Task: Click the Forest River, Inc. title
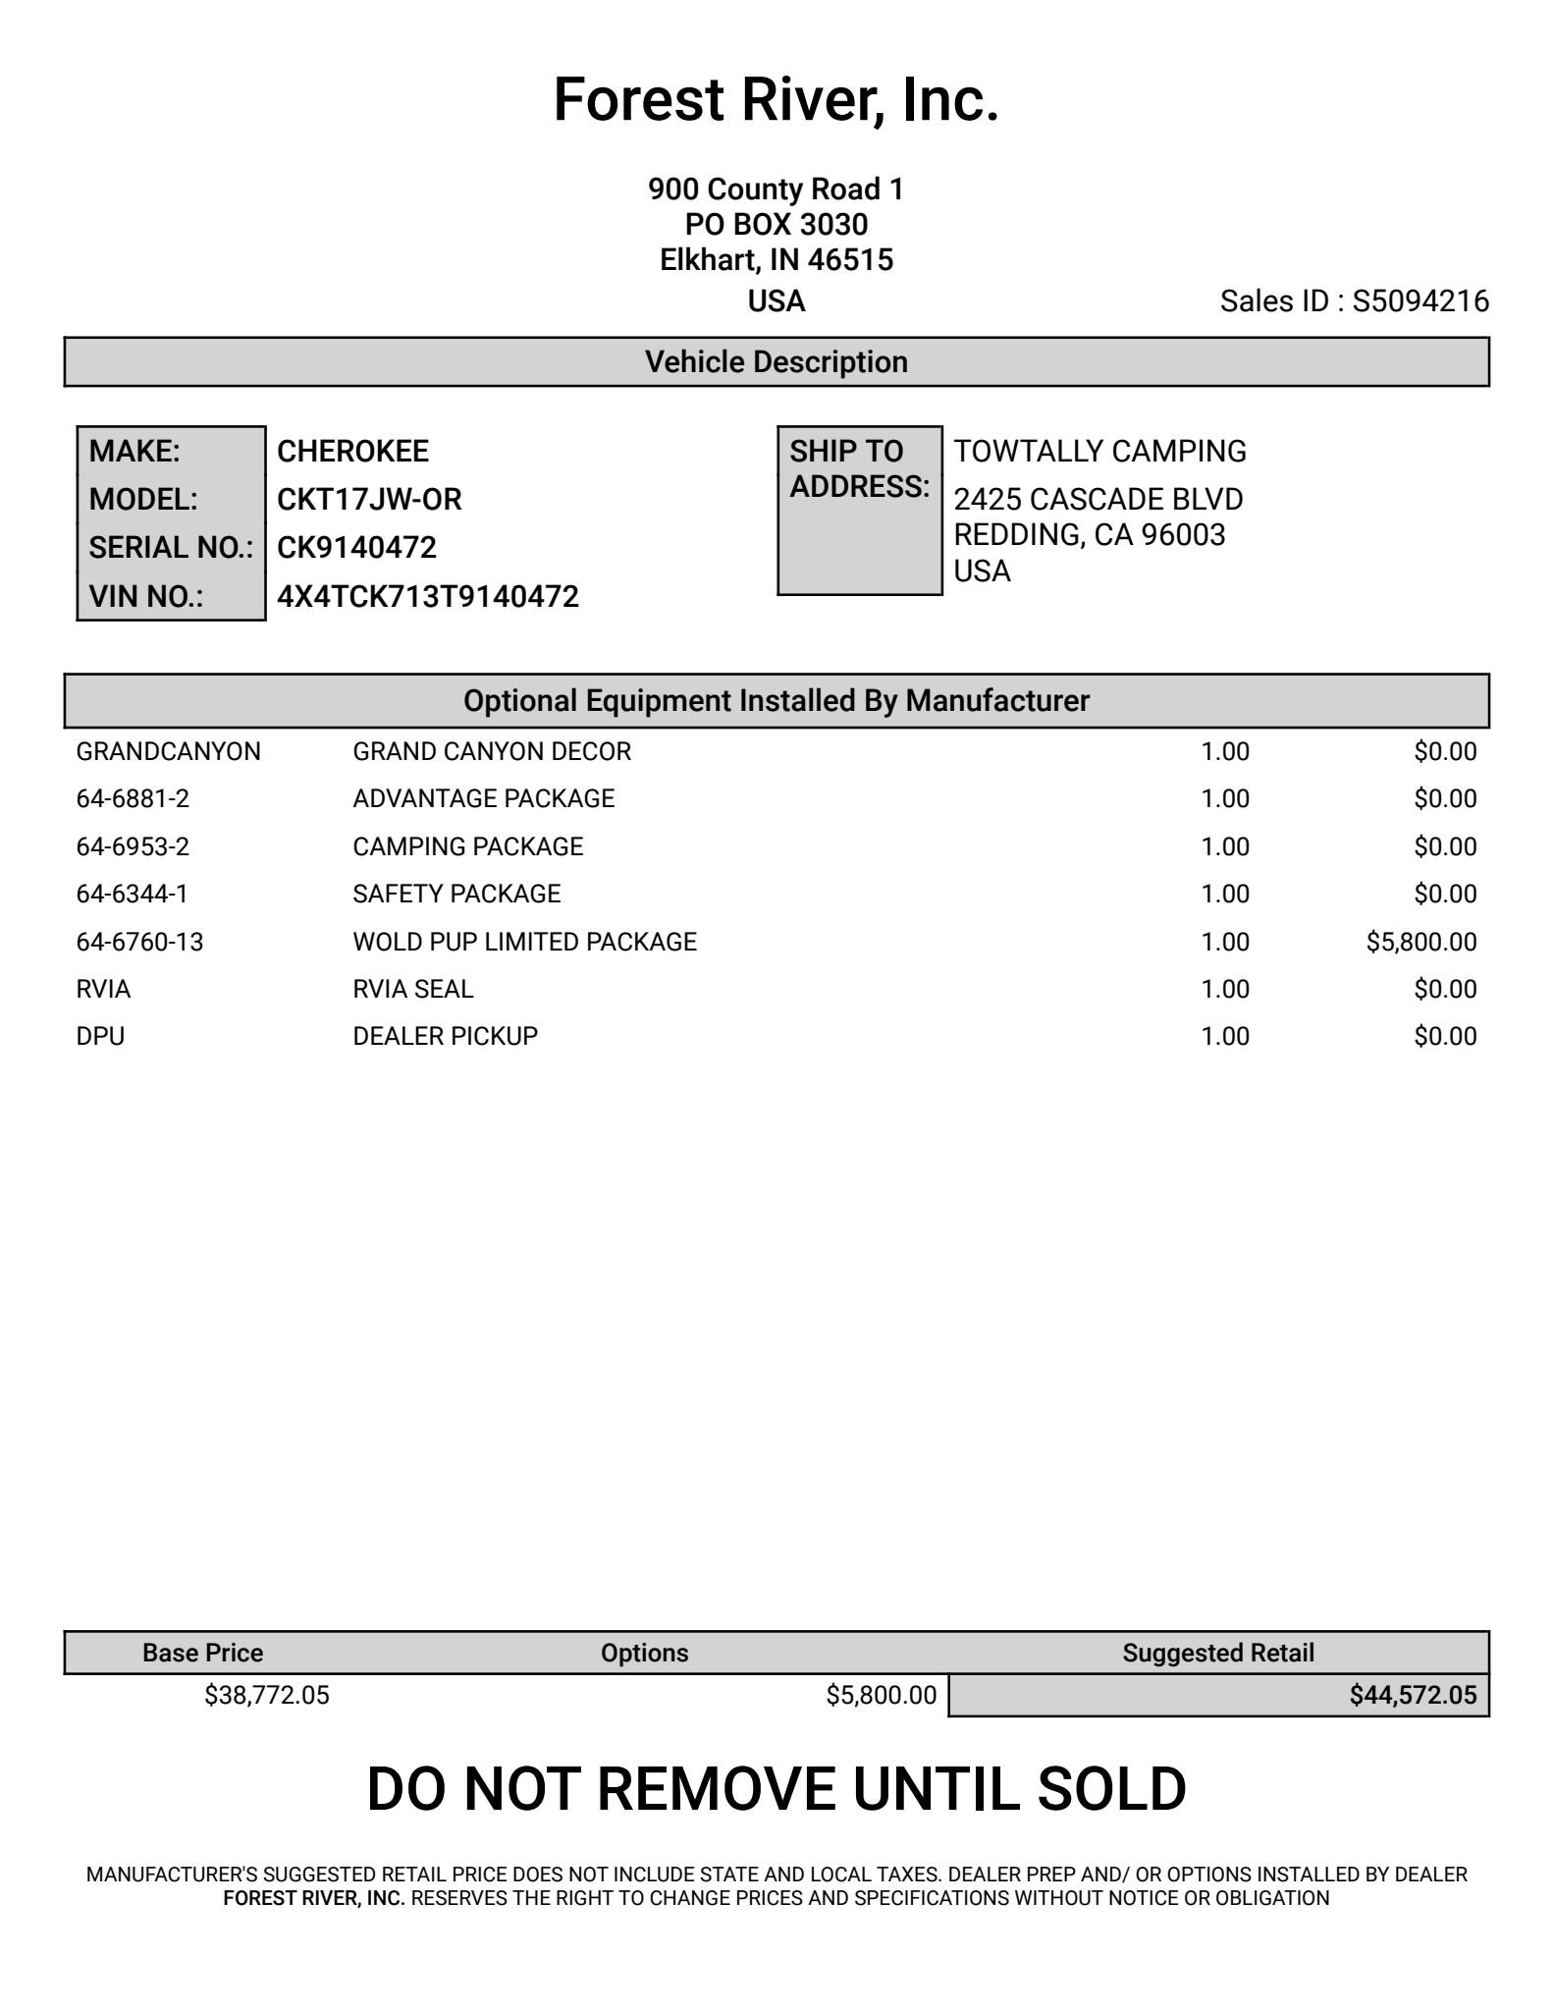[776, 100]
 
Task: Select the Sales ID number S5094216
[1420, 301]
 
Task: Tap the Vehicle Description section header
[776, 362]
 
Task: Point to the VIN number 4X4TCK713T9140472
[427, 597]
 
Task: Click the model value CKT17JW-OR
[369, 500]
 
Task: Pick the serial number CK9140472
[356, 548]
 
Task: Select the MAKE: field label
[134, 452]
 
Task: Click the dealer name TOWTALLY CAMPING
[1099, 452]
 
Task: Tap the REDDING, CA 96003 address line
[1089, 535]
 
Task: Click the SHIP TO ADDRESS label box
[859, 511]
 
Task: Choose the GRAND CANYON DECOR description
[492, 752]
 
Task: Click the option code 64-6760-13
[139, 943]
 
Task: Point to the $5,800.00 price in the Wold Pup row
[1420, 943]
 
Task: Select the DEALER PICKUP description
[445, 1037]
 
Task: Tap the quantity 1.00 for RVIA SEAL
[1224, 990]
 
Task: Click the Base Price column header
[202, 1653]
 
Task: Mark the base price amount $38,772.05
[267, 1696]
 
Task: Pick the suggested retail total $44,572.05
[1412, 1696]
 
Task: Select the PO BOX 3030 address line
[776, 225]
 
